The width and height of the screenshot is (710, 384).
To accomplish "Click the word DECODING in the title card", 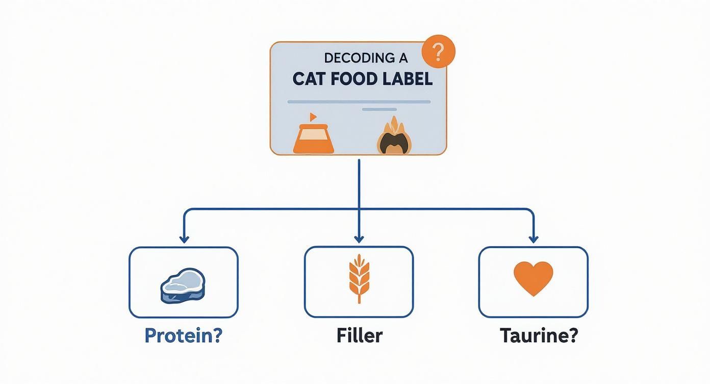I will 351,58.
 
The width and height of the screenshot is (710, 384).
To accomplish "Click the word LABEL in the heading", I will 409,79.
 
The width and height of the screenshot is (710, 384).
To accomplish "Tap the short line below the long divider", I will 379,109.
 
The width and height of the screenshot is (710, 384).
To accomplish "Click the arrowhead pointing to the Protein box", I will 184,238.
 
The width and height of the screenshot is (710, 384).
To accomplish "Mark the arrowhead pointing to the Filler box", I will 359,238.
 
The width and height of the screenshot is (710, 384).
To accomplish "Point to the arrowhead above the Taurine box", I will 534,238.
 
